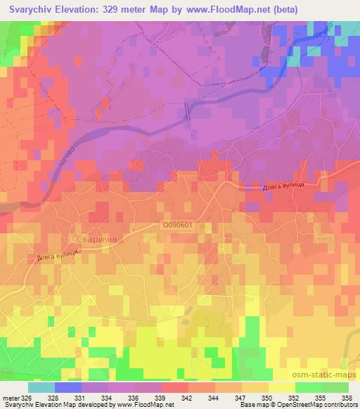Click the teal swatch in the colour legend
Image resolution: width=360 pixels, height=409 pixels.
click(41, 387)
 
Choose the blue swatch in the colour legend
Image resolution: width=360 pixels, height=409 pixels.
click(68, 387)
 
